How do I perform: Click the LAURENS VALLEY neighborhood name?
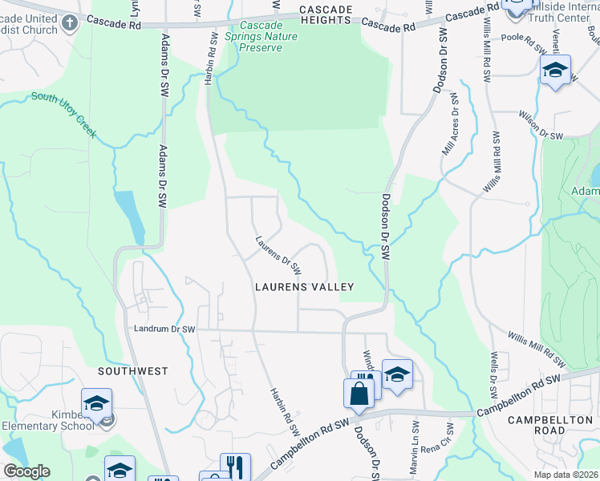[304, 286]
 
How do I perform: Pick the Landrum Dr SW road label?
[164, 329]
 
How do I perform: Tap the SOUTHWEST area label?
[133, 371]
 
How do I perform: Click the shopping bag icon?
[358, 393]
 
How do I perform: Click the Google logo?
[26, 471]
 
